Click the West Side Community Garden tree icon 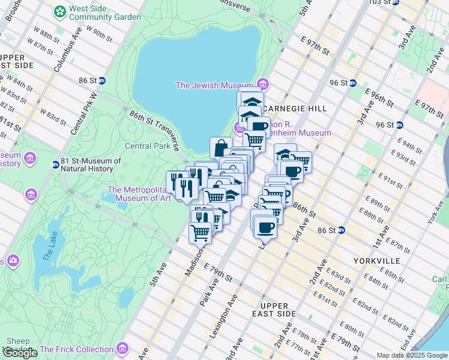click(x=60, y=11)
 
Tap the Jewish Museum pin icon click(x=262, y=85)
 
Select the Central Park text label click(x=148, y=146)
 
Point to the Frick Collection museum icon click(x=122, y=349)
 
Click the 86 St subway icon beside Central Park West click(x=102, y=80)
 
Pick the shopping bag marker click(x=221, y=147)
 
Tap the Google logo click(x=20, y=353)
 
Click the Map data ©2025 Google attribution click(x=412, y=355)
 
